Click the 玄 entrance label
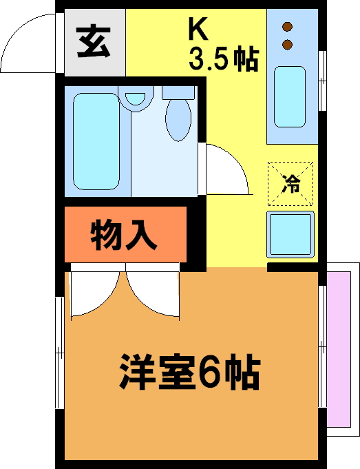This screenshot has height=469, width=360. [x=94, y=42]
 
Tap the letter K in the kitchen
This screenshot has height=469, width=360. [x=198, y=30]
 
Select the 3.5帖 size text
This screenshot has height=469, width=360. [x=223, y=59]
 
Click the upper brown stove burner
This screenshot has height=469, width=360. [x=287, y=27]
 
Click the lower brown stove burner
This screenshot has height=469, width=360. [x=287, y=45]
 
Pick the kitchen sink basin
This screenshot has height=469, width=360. [x=290, y=96]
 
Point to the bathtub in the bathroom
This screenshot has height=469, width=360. [x=96, y=141]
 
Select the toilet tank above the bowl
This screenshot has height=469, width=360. [x=178, y=92]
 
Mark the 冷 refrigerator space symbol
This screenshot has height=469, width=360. [x=290, y=184]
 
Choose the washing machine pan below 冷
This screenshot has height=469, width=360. [x=290, y=234]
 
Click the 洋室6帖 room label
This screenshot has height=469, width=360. [x=189, y=371]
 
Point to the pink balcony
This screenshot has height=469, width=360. [x=339, y=349]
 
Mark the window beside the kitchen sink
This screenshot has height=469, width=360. [x=322, y=81]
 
